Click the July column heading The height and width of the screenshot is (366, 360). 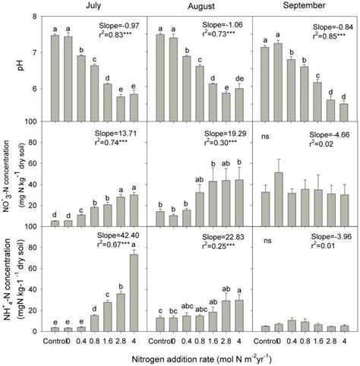(x=91, y=6)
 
